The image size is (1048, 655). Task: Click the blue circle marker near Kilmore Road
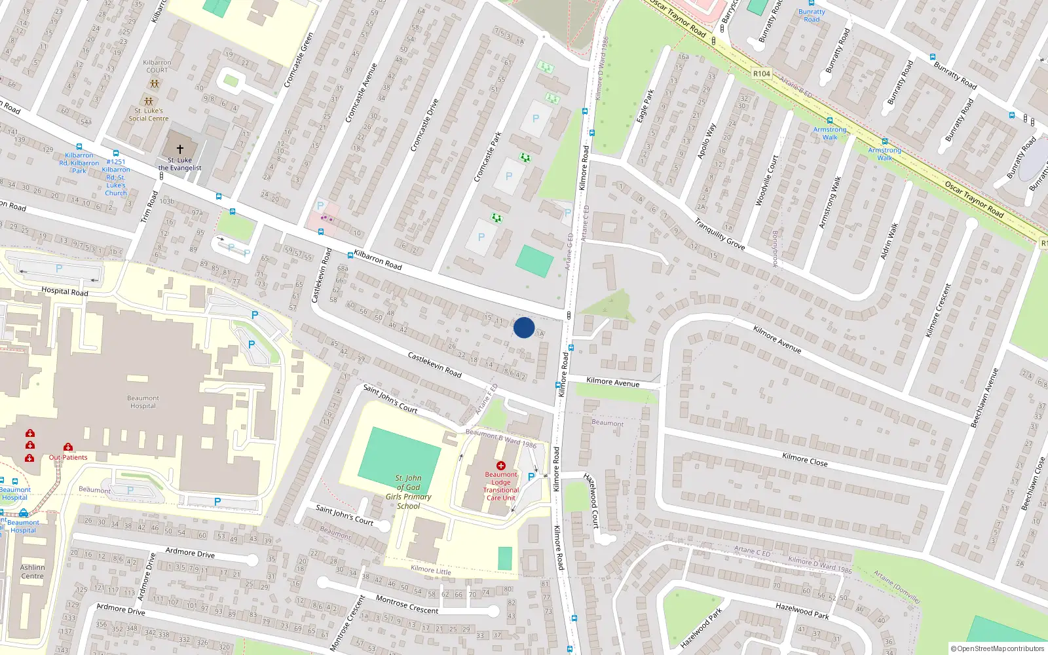524,327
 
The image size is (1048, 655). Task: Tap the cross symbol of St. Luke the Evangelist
180,149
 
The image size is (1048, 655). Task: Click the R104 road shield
762,73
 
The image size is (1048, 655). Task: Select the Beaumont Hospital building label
143,402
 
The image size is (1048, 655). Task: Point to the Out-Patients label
68,457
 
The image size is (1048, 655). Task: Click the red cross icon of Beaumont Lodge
501,466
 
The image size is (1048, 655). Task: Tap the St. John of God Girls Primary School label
408,492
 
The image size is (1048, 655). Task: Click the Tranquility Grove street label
719,234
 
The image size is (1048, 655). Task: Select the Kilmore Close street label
804,459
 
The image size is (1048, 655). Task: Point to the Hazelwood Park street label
802,611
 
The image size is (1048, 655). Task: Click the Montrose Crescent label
407,605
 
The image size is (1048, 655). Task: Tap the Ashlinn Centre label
32,572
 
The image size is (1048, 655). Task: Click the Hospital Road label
64,291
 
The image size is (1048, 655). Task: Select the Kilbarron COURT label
157,66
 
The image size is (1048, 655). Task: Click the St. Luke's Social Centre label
148,115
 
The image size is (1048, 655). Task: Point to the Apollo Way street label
707,141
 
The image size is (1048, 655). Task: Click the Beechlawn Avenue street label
984,398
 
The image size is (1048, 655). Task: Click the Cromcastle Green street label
299,60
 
